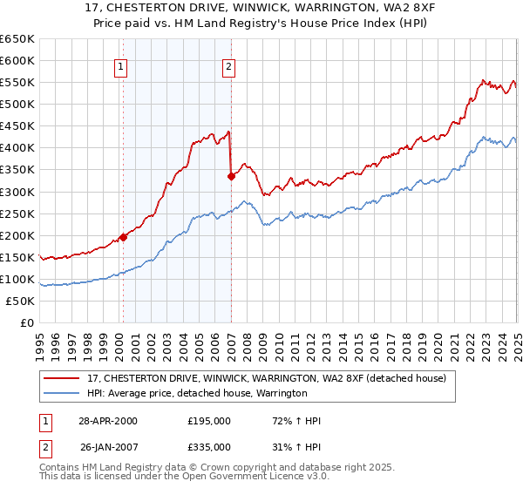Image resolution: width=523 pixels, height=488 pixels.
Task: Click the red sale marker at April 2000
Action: point(123,236)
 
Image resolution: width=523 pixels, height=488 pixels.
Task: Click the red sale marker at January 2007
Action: point(231,176)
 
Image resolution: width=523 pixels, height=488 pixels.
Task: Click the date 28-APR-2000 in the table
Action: point(107,421)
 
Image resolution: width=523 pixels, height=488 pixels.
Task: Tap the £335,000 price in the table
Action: point(209,446)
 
